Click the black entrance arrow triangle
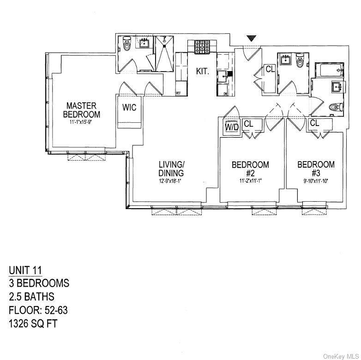pos(251,39)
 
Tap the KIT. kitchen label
pos(203,72)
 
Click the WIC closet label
pos(129,108)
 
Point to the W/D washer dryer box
pos(232,127)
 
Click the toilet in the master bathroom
pos(125,47)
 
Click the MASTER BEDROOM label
pos(82,110)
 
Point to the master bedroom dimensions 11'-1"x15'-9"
pos(82,123)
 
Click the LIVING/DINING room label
pos(171,169)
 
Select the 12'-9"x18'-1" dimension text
pos(171,181)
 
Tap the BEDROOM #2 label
pos(250,169)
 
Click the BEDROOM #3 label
pos(316,169)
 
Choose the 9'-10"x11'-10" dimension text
pos(316,181)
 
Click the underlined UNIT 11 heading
pos(28,270)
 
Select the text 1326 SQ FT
pos(33,324)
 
